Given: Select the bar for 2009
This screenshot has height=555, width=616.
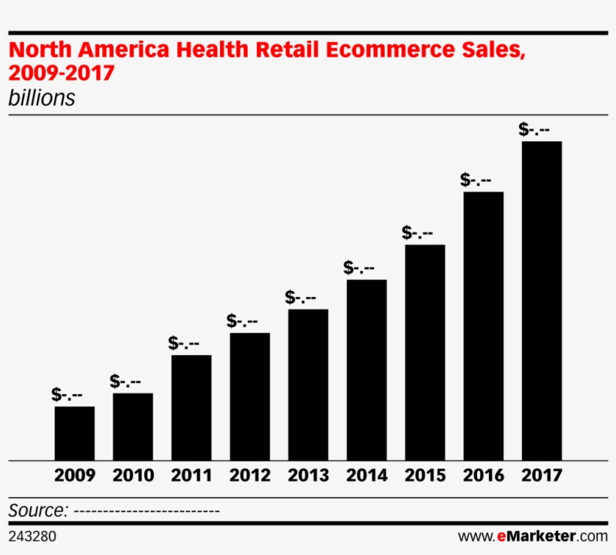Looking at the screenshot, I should tap(74, 433).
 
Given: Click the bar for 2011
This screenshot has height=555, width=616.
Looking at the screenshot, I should tap(191, 408).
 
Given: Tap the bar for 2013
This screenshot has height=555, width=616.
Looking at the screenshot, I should tap(308, 384).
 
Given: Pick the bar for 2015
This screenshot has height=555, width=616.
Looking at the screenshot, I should tap(424, 352).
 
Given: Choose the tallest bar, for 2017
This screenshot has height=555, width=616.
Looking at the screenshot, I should tap(542, 301).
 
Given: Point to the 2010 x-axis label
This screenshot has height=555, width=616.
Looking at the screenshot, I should tap(133, 476).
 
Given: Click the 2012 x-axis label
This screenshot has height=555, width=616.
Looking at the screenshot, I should tap(249, 476).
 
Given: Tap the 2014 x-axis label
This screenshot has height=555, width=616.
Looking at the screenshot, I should tap(367, 476).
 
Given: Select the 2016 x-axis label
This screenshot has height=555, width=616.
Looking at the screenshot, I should tap(483, 476).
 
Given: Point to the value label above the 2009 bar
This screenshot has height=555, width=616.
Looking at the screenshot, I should tap(67, 394).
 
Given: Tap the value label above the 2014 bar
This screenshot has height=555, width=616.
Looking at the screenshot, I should tap(359, 267).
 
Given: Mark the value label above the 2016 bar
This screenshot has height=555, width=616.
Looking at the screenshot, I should tap(476, 180).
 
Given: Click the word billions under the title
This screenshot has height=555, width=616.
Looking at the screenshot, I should tap(41, 99).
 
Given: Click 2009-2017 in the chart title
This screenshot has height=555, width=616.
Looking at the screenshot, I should tap(61, 74).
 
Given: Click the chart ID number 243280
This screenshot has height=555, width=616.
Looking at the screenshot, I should tap(32, 536).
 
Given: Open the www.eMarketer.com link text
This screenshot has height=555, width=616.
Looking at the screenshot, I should tap(533, 536).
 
